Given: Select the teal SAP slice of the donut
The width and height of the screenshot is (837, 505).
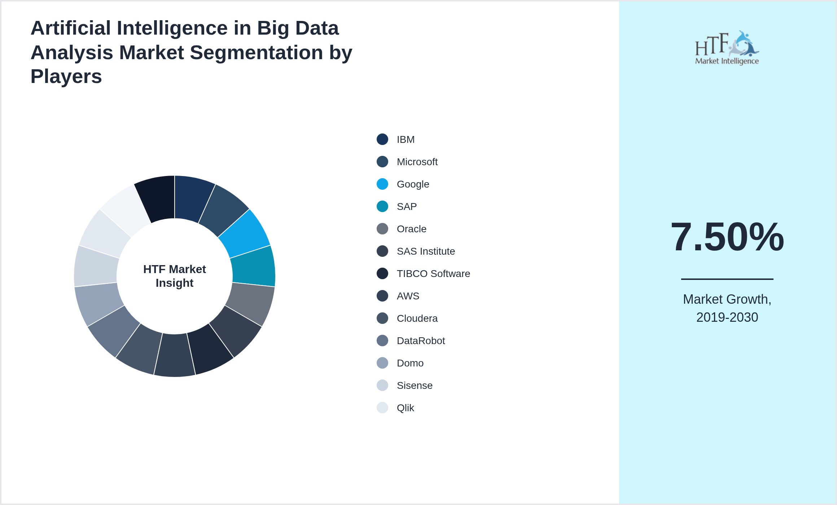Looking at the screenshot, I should point(254,266).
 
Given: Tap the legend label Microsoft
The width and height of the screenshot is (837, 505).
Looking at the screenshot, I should point(417,162).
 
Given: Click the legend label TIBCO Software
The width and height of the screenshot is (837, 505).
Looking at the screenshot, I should point(433,274).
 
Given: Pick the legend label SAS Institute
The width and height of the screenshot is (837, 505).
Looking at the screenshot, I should point(426,251).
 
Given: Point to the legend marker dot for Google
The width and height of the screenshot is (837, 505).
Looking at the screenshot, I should point(382,184).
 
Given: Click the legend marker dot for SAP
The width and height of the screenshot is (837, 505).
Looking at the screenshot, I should point(382,206).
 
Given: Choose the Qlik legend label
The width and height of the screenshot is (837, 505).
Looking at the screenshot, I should point(405,408).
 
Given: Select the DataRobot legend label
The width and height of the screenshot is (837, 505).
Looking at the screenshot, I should point(421,341).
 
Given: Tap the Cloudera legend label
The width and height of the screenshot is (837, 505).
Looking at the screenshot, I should point(417,319).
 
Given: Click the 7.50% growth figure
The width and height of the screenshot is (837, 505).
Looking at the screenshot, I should point(727,237).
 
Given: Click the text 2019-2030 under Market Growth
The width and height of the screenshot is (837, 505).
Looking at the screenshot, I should point(727,317).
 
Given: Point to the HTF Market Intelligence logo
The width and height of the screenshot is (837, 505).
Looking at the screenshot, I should point(727,48).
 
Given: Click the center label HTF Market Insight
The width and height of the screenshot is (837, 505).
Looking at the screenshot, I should point(175,276).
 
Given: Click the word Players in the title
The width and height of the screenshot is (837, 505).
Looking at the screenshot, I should point(66,76).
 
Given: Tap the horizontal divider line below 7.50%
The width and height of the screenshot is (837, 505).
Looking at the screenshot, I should point(727,279).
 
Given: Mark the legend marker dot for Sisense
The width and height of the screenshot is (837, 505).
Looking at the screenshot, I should point(382,385).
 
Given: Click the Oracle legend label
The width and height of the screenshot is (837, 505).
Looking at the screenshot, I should point(411,229).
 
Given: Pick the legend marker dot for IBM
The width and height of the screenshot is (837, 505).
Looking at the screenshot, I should point(382,139).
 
